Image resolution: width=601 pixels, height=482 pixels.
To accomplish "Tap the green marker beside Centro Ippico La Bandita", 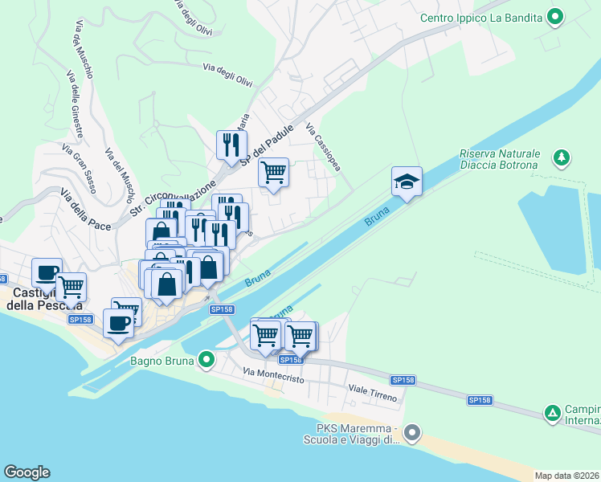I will pos(554,16).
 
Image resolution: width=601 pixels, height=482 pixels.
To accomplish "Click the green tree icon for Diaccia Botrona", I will pos(562,157).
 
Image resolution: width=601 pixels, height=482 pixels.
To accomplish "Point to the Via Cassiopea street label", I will pos(323,147).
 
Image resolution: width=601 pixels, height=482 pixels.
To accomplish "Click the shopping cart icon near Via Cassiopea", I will pos(274,172).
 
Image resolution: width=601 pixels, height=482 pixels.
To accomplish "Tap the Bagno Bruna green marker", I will pos(206,360).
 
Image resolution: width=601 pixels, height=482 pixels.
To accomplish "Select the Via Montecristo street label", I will pos(273,374).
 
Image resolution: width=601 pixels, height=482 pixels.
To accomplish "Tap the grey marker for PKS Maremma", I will pos(412,433).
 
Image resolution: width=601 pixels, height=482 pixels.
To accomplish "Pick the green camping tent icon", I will pos(553,414).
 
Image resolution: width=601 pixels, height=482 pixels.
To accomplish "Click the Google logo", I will pos(27,472).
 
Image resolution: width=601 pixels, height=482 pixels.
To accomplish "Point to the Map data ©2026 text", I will pos(567,476).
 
